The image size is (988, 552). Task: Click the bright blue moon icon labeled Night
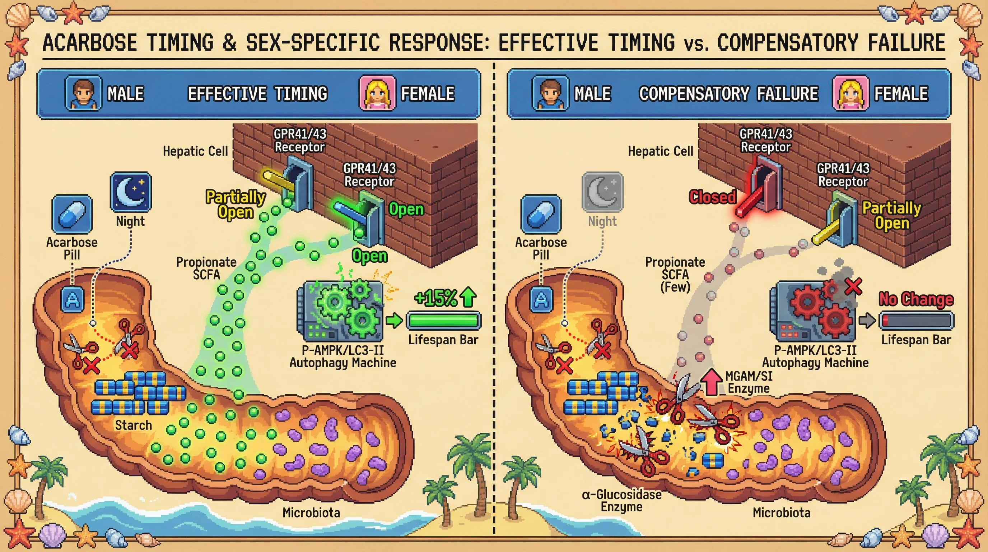pyautogui.click(x=131, y=192)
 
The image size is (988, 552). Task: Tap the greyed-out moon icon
pyautogui.click(x=602, y=192)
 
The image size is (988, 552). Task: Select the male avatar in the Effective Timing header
pyautogui.click(x=84, y=93)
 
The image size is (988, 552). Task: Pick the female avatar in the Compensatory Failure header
pyautogui.click(x=850, y=93)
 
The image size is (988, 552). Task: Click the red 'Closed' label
pyautogui.click(x=712, y=197)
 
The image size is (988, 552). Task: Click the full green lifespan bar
pyautogui.click(x=443, y=321)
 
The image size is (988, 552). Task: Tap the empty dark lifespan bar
pyautogui.click(x=916, y=321)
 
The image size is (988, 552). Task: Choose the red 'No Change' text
pyautogui.click(x=915, y=299)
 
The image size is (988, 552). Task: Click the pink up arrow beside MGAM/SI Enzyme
pyautogui.click(x=712, y=382)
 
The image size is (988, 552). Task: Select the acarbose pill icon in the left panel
pyautogui.click(x=72, y=214)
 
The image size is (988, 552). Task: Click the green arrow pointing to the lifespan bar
pyautogui.click(x=394, y=320)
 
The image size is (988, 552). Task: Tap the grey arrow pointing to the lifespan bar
pyautogui.click(x=867, y=320)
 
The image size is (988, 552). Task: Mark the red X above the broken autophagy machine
pyautogui.click(x=853, y=286)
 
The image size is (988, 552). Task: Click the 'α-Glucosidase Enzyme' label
pyautogui.click(x=621, y=501)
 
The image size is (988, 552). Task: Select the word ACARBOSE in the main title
pyautogui.click(x=90, y=42)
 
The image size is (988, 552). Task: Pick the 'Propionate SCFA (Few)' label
pyautogui.click(x=675, y=274)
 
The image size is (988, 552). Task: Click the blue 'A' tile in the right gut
pyautogui.click(x=541, y=299)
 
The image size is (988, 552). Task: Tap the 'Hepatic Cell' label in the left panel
pyautogui.click(x=195, y=151)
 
